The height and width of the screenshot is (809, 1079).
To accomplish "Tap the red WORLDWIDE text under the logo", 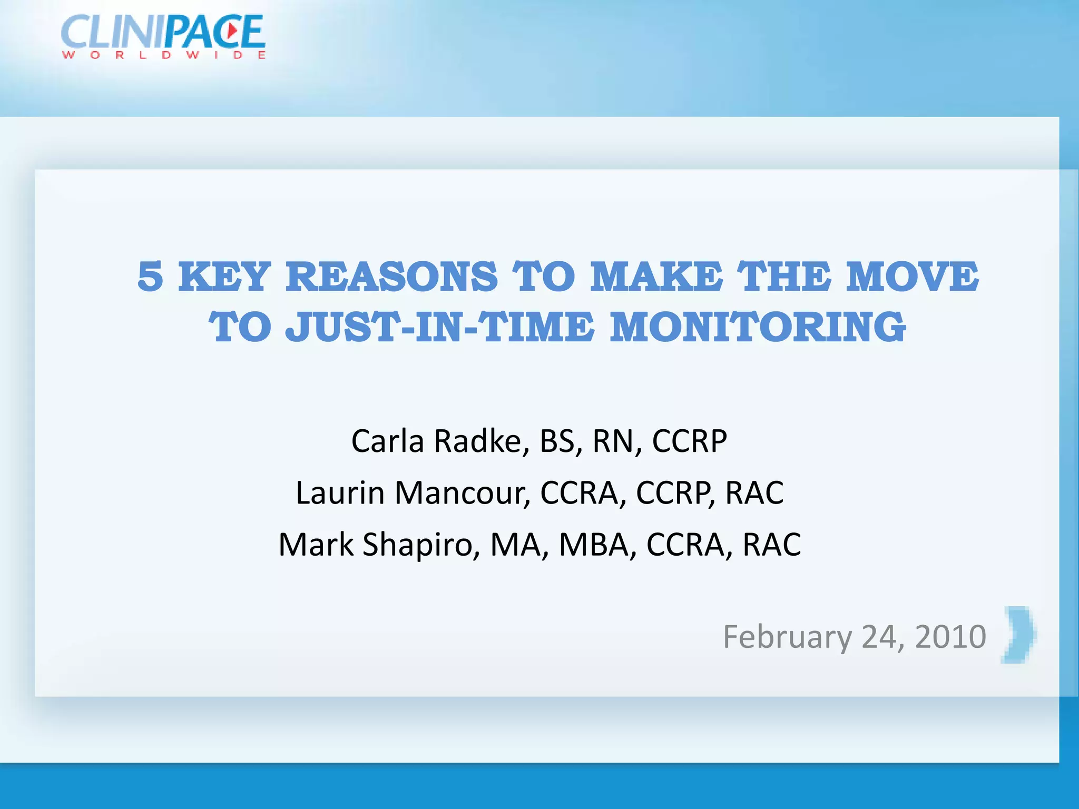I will pos(163,55).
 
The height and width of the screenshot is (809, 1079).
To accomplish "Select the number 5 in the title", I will pos(150,277).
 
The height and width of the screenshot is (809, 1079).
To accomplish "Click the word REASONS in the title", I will pos(391,277).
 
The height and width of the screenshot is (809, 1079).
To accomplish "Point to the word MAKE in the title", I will pos(656,277).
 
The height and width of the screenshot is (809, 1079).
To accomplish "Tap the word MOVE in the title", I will pos(913,277).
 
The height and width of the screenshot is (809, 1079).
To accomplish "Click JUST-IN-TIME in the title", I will pos(440,327).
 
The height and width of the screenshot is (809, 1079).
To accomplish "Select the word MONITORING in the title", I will pos(758,327).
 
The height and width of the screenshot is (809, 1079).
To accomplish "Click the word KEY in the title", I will pos(224,277).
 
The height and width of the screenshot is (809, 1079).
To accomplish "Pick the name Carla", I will pos(387,441).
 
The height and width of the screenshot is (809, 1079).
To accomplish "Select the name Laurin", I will pos(340,493).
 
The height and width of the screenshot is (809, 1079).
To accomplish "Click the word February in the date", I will pos(787,637).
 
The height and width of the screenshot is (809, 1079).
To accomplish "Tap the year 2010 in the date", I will pos(950,637).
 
